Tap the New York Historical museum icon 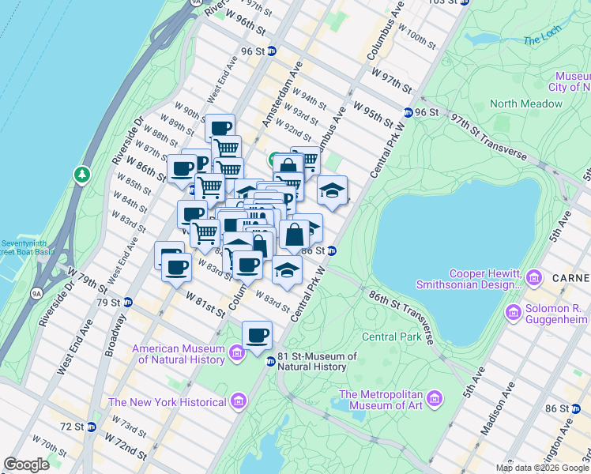238,403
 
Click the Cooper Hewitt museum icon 535,277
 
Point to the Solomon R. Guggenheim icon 514,314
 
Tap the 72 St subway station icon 92,427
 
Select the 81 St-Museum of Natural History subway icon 270,362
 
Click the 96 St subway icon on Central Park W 408,112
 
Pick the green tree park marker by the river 81,174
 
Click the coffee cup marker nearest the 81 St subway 257,336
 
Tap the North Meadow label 525,103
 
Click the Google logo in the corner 27,465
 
